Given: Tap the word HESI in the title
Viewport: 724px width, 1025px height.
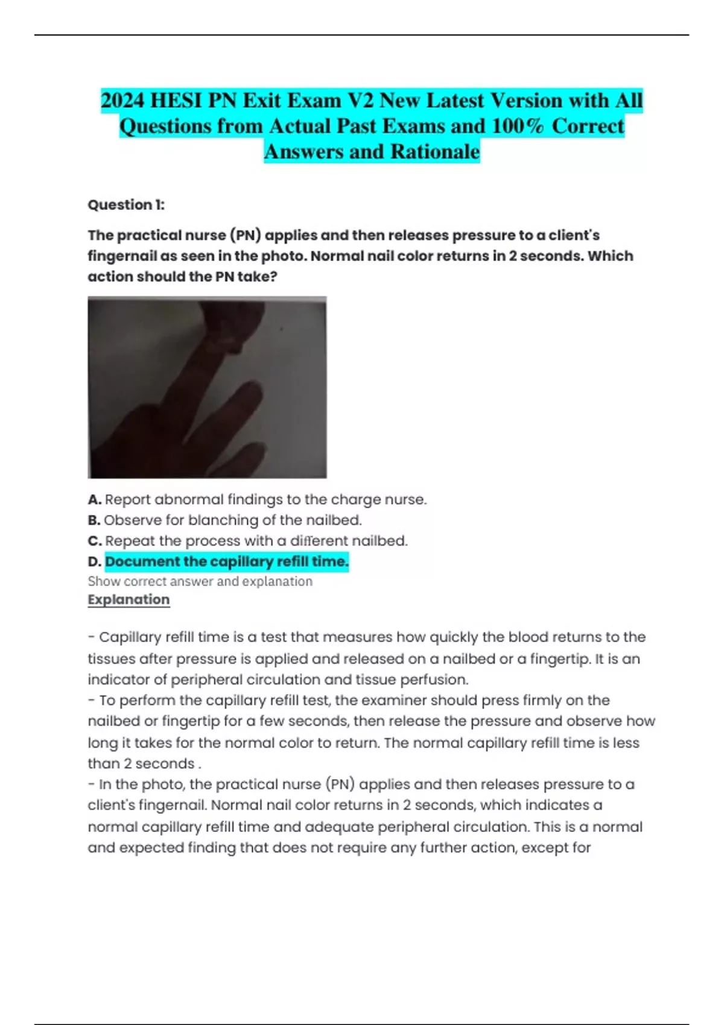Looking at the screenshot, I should [176, 100].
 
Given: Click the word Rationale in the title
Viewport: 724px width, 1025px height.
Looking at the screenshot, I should [435, 151].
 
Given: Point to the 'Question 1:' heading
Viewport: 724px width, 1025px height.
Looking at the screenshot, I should [126, 205].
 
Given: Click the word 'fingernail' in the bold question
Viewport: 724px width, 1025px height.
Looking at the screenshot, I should [122, 256].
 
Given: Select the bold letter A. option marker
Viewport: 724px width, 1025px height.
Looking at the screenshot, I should [94, 500].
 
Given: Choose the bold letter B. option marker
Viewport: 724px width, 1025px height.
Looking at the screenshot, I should [94, 520].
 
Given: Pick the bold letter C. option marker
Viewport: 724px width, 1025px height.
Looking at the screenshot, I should [94, 541].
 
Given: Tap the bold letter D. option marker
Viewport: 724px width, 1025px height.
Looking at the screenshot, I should [94, 562].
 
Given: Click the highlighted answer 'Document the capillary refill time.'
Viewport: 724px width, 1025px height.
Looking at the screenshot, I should [227, 562].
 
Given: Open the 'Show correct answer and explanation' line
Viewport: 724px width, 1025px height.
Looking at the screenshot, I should [200, 581].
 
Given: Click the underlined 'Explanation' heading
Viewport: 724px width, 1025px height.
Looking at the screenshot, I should [129, 600].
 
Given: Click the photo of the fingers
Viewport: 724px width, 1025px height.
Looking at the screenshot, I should [207, 387].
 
